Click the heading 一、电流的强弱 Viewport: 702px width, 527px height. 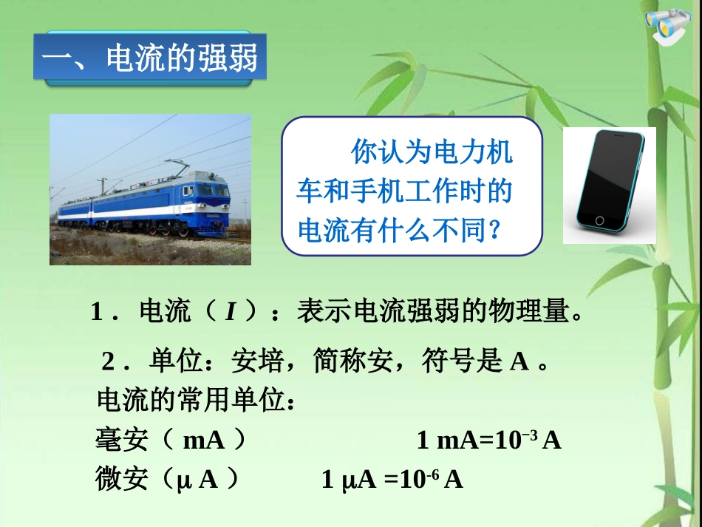point(149,58)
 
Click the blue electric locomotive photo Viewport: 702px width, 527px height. point(150,189)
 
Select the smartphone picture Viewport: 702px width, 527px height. point(609,185)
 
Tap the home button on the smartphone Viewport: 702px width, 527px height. point(599,220)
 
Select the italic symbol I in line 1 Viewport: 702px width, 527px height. point(230,313)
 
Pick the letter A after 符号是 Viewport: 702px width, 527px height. point(519,361)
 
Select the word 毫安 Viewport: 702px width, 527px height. point(122,441)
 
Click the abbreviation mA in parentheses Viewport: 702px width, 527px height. point(203,441)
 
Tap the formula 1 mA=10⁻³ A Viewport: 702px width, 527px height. point(488,441)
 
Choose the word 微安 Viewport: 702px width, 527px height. point(122,480)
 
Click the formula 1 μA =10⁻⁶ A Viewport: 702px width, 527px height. point(392,480)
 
